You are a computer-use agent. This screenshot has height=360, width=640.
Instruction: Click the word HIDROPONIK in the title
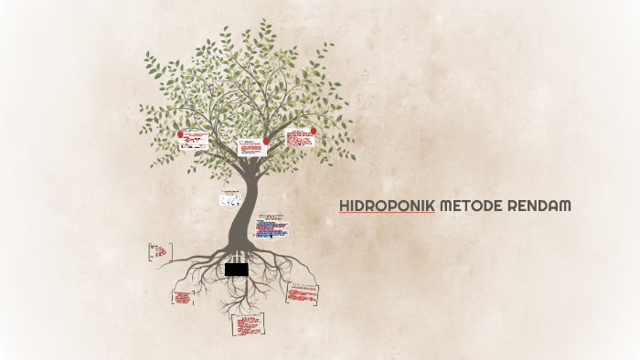coord(387,206)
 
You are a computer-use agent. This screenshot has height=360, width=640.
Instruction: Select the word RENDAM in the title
coord(539,206)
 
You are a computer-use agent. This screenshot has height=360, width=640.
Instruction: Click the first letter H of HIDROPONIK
coord(345,206)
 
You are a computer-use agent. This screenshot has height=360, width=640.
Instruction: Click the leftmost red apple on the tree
coord(181,134)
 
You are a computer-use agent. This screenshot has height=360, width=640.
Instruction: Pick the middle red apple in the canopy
coord(266,142)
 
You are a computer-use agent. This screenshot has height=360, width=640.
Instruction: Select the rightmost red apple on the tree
coord(314,131)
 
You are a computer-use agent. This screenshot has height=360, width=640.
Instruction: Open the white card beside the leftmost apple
coord(195,141)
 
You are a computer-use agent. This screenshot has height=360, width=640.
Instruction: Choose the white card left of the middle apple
coord(251,147)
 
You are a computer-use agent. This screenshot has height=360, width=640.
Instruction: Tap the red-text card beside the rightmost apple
coord(299,138)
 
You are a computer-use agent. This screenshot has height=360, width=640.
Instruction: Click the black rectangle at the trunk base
coord(236,270)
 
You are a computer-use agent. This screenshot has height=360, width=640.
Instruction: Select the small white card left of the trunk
coord(229,198)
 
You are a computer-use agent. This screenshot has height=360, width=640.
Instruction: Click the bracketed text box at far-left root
coord(159,251)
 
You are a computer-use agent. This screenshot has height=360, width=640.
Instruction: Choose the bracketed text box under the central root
coord(248,323)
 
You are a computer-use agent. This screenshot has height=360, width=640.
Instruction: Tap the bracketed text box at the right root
coord(303,292)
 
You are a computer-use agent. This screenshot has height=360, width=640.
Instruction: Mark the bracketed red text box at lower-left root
coord(182,297)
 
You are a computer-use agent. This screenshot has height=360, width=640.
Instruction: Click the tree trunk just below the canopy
coord(245,183)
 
